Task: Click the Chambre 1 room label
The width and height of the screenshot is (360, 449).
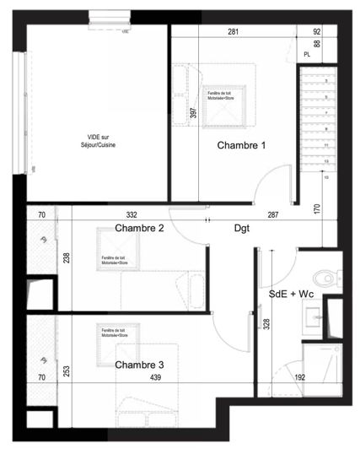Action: click(241, 146)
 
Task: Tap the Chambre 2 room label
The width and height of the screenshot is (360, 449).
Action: click(139, 228)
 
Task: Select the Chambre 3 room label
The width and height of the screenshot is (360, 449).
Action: click(139, 365)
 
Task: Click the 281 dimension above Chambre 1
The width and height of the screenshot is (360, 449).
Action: click(231, 32)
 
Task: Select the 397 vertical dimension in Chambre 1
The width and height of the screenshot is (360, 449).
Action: click(193, 113)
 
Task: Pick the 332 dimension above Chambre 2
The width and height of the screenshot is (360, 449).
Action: click(132, 216)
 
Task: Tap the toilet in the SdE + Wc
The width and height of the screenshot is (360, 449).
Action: click(325, 277)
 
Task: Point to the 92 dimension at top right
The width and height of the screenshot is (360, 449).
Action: click(317, 32)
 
